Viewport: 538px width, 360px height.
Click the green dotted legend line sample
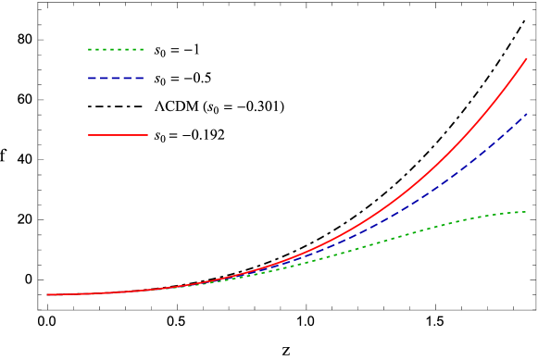116,49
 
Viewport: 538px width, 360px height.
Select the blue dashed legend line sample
116,78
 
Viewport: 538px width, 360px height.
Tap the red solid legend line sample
118,135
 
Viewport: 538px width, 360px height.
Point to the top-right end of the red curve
527,58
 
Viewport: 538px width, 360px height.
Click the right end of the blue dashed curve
527,114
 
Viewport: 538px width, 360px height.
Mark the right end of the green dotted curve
526,212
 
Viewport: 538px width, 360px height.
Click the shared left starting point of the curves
47,294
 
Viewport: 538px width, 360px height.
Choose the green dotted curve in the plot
417,231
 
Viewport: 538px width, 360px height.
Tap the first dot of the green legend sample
90,49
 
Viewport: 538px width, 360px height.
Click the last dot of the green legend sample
142,49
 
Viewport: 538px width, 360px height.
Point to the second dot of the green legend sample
96,49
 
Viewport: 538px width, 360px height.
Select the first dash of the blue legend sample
92,78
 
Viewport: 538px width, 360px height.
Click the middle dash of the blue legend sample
116,78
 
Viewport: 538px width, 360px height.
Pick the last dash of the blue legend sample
139,78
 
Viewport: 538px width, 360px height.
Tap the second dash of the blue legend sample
104,78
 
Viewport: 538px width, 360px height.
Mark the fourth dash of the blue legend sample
128,78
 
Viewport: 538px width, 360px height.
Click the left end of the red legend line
89,135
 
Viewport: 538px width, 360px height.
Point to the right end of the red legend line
147,135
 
